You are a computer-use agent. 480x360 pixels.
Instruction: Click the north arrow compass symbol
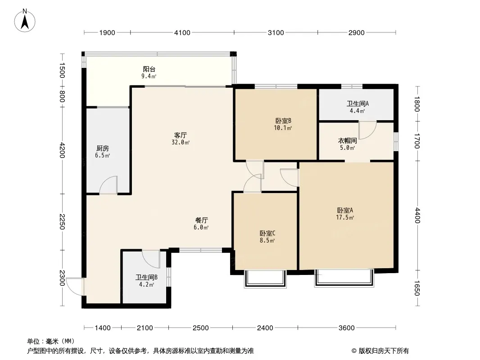[25, 21]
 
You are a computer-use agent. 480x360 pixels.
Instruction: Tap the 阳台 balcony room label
[149, 69]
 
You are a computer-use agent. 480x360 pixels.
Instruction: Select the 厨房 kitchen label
[103, 148]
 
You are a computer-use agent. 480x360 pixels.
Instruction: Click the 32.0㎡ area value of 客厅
[181, 142]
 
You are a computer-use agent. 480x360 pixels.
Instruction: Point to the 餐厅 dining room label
[201, 220]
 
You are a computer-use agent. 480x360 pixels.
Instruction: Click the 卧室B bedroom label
[283, 121]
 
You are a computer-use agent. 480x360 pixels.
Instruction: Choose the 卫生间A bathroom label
[358, 103]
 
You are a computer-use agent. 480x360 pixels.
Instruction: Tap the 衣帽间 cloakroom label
[348, 141]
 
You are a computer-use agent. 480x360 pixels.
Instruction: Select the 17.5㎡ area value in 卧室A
[345, 217]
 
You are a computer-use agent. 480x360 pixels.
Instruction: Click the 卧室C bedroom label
[267, 234]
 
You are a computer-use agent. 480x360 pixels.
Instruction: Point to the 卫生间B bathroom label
[146, 277]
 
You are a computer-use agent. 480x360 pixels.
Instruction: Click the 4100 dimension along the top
[182, 33]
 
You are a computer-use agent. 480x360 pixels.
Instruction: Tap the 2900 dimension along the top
[357, 33]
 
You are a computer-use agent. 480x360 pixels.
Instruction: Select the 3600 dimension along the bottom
[347, 328]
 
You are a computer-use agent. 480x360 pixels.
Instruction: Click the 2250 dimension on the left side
[62, 222]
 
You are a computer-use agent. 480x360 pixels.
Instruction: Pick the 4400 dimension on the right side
[417, 216]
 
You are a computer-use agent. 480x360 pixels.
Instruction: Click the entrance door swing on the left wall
[75, 287]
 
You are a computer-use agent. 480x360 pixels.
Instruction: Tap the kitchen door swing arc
[108, 185]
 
